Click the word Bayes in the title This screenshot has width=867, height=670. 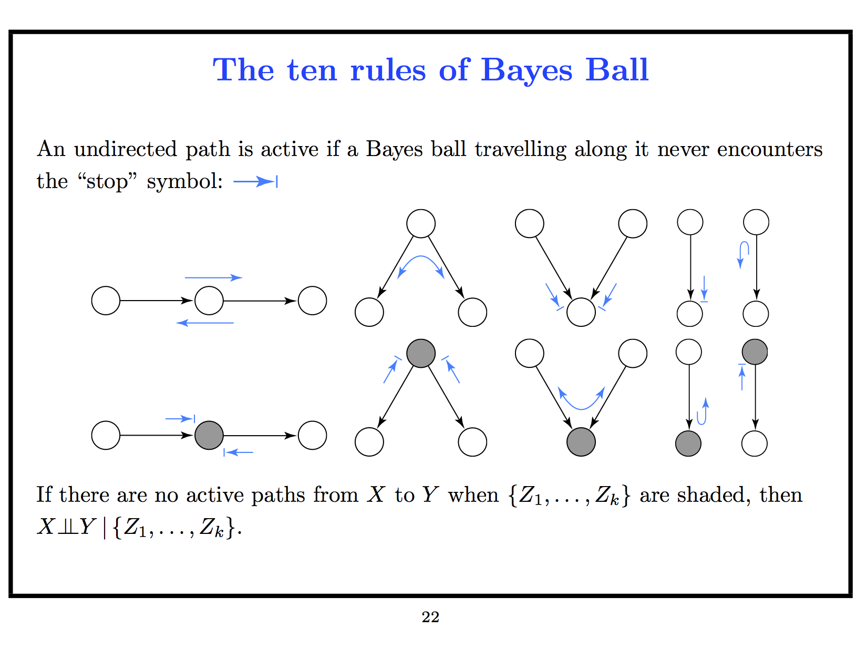[x=526, y=70]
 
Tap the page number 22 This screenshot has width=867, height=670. [x=430, y=617]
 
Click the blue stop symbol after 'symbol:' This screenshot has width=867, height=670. [x=255, y=182]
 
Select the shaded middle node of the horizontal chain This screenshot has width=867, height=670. [x=209, y=436]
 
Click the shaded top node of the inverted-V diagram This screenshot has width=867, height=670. [x=421, y=353]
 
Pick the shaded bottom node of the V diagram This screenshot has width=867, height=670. [x=581, y=442]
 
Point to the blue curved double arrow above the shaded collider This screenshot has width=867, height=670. [x=581, y=400]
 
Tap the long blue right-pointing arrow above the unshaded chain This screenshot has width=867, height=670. [x=213, y=277]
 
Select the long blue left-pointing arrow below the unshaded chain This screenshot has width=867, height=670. [x=205, y=323]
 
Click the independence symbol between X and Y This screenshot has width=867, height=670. [x=68, y=527]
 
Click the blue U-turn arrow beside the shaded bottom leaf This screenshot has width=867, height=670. [x=703, y=412]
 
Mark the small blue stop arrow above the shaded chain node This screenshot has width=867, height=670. [x=180, y=419]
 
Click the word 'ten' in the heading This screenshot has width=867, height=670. [x=312, y=70]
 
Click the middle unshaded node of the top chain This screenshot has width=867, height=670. [x=209, y=301]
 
